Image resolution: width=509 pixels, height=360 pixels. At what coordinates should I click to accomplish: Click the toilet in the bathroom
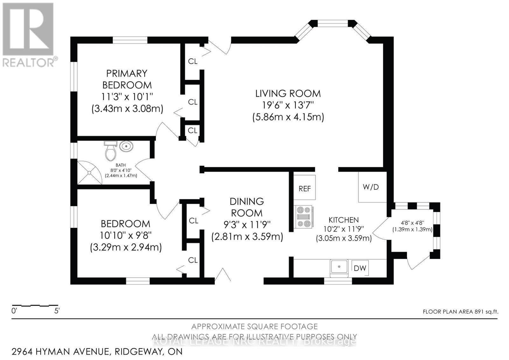(x=110, y=152)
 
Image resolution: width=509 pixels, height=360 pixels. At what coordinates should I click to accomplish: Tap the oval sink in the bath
(x=126, y=147)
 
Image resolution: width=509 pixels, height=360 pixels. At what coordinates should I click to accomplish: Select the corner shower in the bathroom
(x=88, y=173)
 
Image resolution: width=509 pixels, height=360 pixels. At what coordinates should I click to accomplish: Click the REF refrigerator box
(x=304, y=188)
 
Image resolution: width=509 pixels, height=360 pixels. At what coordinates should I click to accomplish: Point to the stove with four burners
(x=304, y=217)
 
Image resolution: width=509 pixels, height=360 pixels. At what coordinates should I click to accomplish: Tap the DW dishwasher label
(x=360, y=268)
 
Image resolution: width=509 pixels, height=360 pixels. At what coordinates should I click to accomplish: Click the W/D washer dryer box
(x=371, y=187)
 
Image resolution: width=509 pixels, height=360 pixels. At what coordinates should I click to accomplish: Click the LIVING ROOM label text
(x=288, y=94)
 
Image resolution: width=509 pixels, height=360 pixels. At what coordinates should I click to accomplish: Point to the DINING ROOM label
(x=247, y=207)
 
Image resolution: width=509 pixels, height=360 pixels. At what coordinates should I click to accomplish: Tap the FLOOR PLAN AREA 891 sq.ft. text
(x=460, y=312)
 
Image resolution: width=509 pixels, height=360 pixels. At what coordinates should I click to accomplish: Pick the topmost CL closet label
(x=193, y=61)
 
